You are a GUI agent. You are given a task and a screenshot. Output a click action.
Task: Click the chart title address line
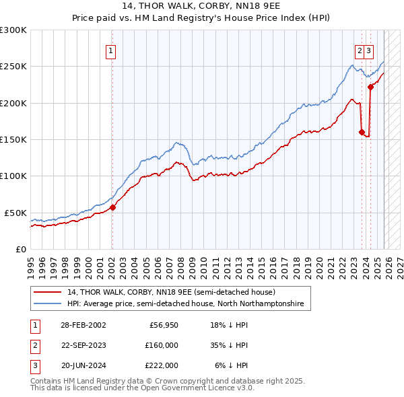tap(201, 6)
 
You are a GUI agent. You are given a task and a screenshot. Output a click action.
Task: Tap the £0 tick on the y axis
tap(20, 249)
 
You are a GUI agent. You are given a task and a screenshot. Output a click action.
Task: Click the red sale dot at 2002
tap(112, 207)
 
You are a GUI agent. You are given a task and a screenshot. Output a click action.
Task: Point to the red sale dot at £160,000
tap(362, 132)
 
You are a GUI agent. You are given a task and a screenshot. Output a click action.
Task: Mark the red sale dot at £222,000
tap(370, 87)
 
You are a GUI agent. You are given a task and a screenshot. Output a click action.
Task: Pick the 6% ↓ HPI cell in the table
tap(231, 365)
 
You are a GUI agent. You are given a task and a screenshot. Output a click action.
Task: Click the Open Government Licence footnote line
tap(142, 388)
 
